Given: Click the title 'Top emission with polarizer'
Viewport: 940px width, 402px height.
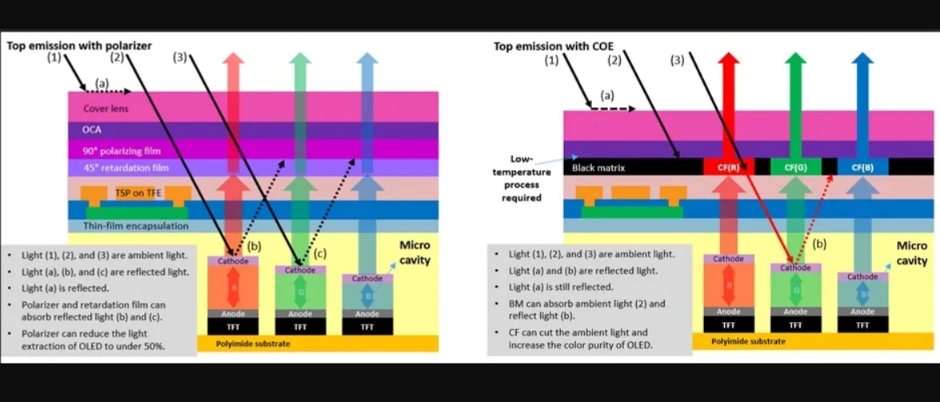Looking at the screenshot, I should tap(79, 46).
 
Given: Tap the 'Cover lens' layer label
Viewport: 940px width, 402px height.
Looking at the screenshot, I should tap(106, 108).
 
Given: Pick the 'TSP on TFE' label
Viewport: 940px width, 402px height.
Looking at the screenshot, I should tap(137, 192).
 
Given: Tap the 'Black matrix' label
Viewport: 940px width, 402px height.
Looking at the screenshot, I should tap(598, 168).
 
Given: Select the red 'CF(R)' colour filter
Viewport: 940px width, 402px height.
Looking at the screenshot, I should tap(726, 168).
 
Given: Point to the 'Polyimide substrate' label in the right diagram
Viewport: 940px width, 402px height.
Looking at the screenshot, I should tap(749, 341).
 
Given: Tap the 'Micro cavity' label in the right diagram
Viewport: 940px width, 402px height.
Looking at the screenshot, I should tap(911, 253).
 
